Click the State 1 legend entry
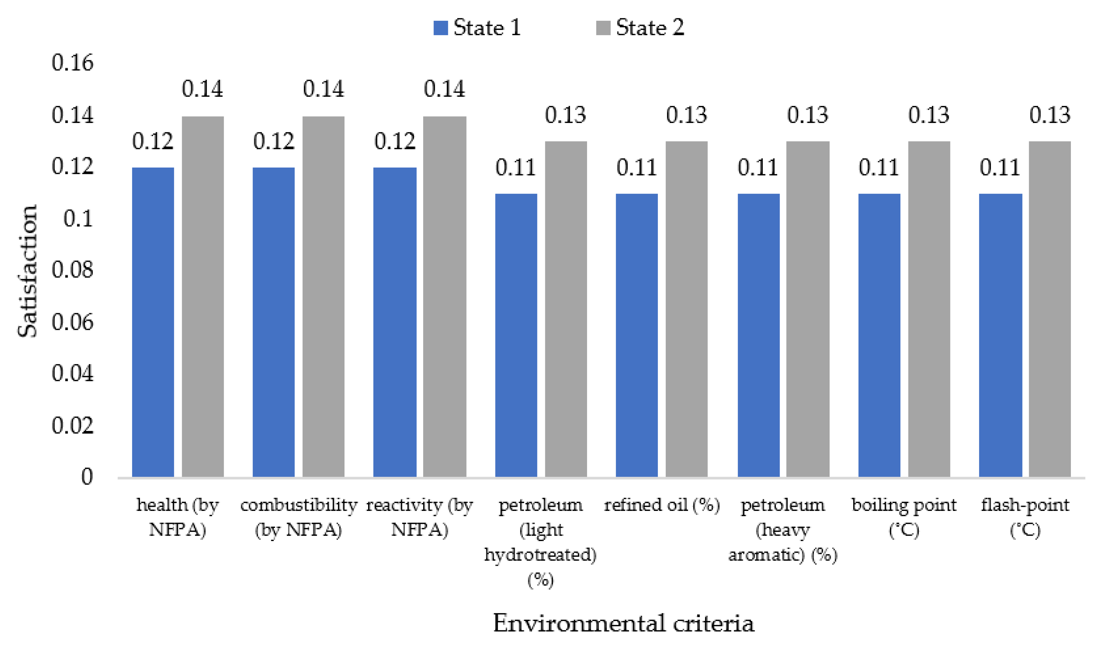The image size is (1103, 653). point(477,27)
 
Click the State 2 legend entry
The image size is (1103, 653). point(640,27)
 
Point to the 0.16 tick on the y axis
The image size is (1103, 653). point(72,63)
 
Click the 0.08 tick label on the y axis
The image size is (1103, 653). point(72,270)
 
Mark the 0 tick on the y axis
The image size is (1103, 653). point(87,477)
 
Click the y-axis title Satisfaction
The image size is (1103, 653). point(27,271)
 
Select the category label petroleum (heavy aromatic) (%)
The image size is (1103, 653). point(782,529)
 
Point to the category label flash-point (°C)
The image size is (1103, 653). point(1025,517)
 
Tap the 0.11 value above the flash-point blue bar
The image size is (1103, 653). point(999,167)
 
